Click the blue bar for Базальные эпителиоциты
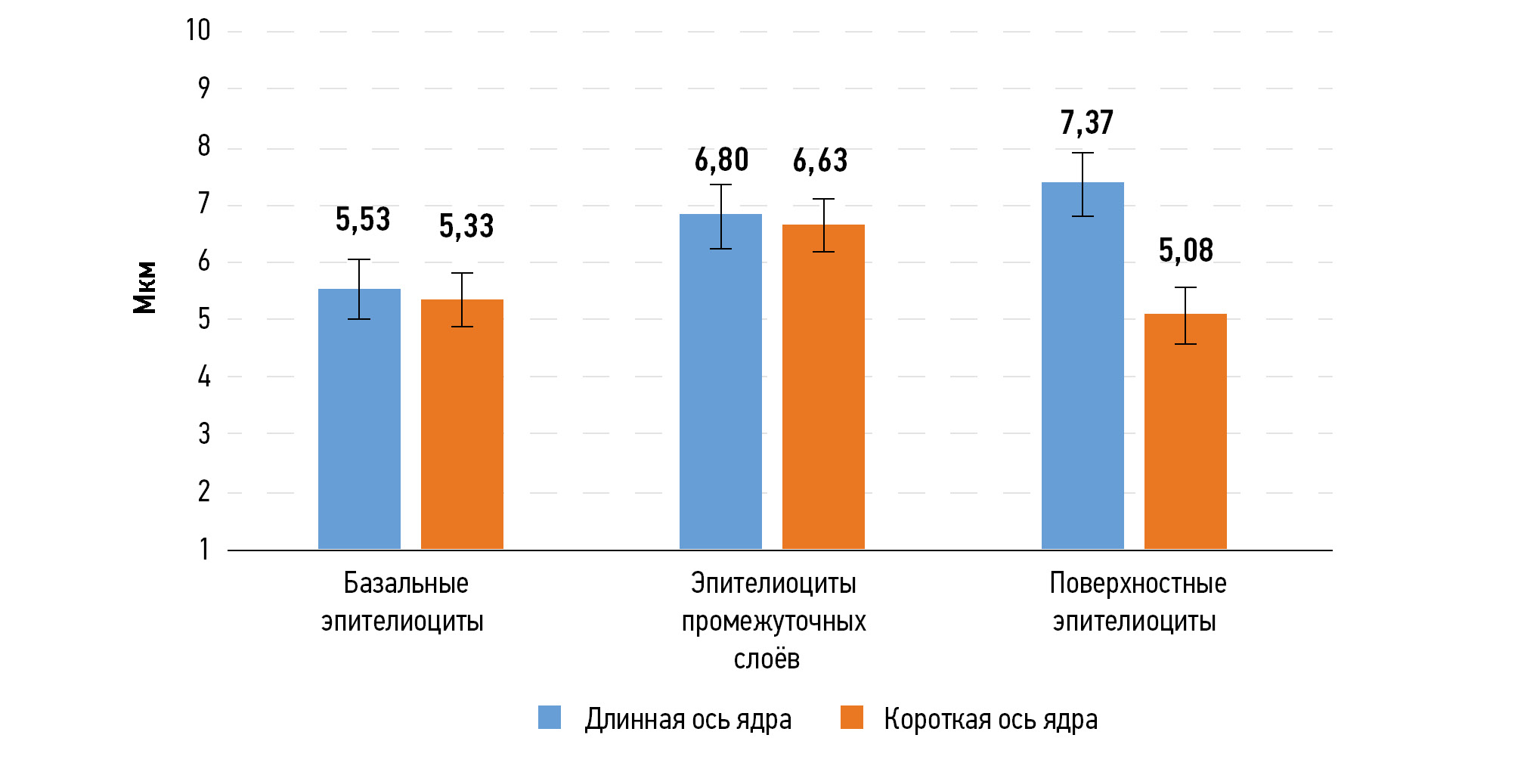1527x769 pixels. pos(359,420)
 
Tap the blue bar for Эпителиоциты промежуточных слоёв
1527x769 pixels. pos(720,382)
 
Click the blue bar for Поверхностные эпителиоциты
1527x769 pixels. pos(1083,366)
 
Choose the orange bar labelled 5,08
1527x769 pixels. pos(1185,432)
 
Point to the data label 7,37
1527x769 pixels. pos(1086,122)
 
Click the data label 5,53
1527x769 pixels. pos(363,220)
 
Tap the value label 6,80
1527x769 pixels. pos(721,160)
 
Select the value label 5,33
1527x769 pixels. pos(466,226)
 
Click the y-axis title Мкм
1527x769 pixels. pos(144,287)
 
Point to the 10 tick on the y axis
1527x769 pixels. pos(198,31)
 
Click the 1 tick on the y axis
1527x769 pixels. pos(203,549)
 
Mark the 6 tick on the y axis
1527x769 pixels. pos(203,262)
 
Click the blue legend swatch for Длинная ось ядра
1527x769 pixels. pos(550,718)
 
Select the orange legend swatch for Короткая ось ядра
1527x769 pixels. pos(852,718)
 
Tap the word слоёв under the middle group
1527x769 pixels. pos(767,659)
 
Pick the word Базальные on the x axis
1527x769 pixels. pos(406,583)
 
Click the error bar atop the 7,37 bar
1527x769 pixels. pos(1083,184)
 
